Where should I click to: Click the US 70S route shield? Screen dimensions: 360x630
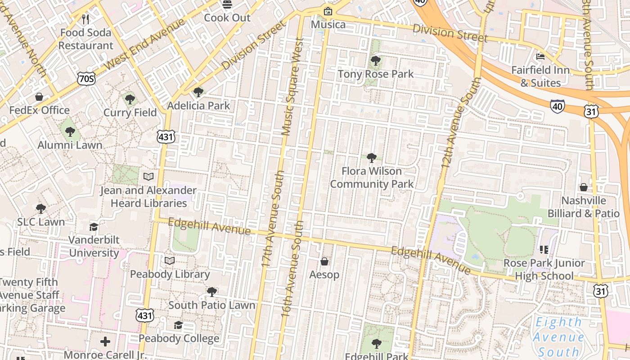tap(86, 79)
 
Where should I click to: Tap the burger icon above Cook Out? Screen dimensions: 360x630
tap(228, 4)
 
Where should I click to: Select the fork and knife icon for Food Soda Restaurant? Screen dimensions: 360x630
tap(85, 19)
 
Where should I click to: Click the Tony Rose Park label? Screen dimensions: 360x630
tap(375, 74)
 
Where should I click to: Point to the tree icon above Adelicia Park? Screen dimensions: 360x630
tap(198, 92)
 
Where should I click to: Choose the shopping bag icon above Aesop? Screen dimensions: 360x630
tap(324, 261)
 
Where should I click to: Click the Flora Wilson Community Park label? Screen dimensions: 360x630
tap(372, 178)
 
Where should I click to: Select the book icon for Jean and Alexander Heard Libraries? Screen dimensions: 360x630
tap(148, 177)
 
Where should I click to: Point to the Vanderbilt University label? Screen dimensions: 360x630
tap(94, 246)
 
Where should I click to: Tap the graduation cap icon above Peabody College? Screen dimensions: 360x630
tap(179, 325)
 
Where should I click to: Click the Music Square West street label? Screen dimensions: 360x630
tap(292, 86)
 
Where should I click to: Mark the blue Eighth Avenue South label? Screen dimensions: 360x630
tap(560, 337)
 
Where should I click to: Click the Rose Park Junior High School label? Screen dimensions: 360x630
tap(544, 269)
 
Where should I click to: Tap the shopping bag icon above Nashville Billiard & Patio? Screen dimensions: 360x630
tap(584, 187)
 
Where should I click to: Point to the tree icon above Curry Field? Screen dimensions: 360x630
tap(130, 99)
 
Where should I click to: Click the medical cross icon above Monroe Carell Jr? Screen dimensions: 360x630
tap(105, 342)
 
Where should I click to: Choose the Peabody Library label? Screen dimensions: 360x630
tap(170, 274)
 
